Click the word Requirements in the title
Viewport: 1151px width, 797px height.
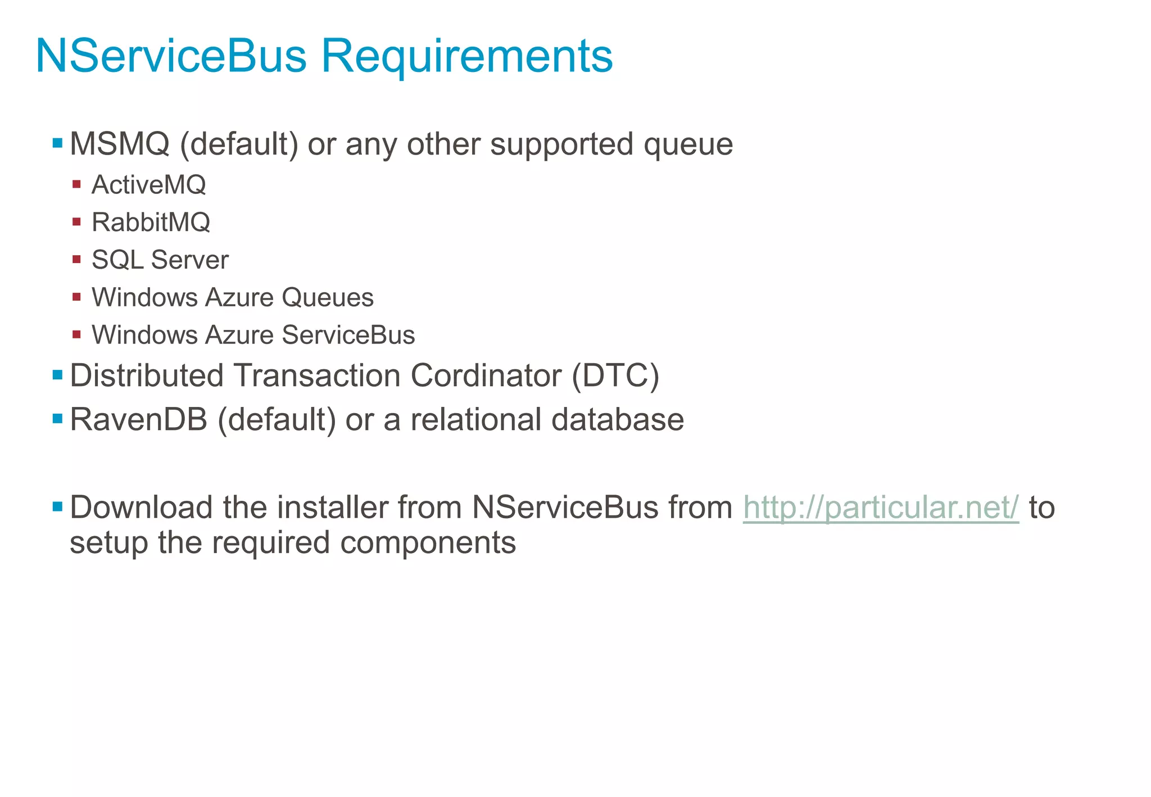coord(466,56)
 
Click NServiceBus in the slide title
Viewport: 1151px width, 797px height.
coord(171,56)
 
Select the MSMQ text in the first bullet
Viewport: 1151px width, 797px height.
coord(120,144)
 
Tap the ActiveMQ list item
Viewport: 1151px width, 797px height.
coord(148,185)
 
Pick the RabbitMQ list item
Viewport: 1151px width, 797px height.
coord(151,223)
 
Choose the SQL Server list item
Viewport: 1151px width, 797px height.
coord(160,260)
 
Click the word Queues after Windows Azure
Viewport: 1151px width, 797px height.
coord(328,297)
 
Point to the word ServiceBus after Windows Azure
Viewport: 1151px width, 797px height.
coord(348,335)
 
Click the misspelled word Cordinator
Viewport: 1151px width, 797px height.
coord(486,375)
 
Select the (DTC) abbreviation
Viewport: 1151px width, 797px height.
coord(615,375)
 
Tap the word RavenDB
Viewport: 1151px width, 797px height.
coord(139,420)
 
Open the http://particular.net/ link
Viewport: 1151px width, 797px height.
coord(881,508)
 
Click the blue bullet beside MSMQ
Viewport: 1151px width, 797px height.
coord(57,143)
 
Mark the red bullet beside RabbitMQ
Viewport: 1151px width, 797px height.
coord(77,221)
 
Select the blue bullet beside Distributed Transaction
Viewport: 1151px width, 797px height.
coord(57,374)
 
